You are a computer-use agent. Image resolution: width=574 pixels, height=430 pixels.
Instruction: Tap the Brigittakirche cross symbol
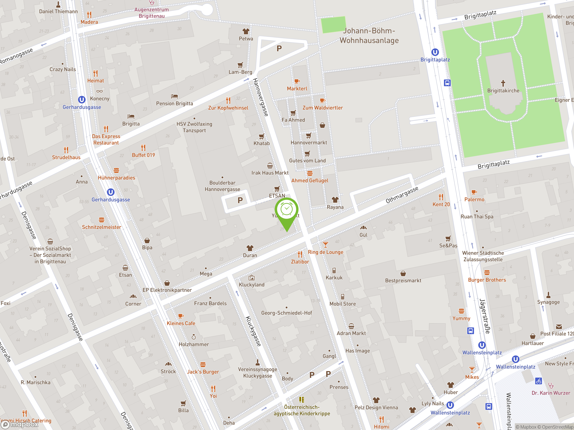(x=503, y=83)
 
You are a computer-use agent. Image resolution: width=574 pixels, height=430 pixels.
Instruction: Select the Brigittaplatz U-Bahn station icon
(x=435, y=52)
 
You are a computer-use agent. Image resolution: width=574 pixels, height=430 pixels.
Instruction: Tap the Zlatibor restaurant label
(x=300, y=262)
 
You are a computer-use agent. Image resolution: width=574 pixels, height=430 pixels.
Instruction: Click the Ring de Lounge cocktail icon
(x=325, y=244)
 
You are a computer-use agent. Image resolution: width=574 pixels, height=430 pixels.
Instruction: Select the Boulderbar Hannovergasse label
(x=222, y=186)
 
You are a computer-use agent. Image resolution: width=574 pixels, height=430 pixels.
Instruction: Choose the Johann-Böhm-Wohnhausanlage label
(x=369, y=36)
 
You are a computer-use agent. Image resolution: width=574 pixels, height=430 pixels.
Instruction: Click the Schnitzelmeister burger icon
(x=102, y=220)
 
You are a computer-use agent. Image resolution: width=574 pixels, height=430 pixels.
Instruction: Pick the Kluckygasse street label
(x=253, y=331)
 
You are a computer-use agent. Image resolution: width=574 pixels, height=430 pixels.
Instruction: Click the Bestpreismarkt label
(x=403, y=280)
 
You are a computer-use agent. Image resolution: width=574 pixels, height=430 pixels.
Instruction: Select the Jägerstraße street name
(x=485, y=316)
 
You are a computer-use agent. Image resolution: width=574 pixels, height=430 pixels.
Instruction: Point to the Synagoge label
(x=548, y=302)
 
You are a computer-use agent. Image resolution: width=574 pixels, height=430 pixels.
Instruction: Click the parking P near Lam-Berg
(x=279, y=48)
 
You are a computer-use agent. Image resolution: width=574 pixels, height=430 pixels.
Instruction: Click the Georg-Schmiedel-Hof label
(x=287, y=313)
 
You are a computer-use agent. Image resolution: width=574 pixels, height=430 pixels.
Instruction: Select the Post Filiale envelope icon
(x=559, y=327)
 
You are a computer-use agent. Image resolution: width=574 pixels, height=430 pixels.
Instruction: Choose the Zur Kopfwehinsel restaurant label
(x=228, y=108)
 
